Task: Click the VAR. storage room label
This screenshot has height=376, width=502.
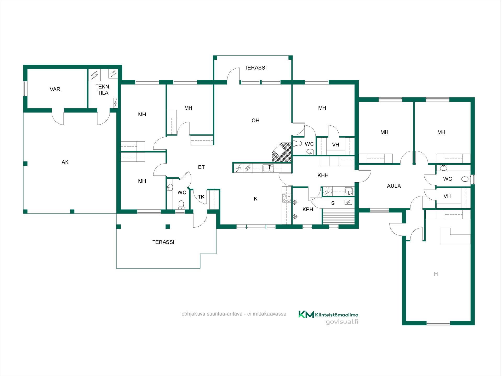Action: [x=55, y=89]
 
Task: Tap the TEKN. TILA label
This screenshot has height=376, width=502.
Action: [x=103, y=90]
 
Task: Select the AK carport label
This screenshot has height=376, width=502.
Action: [x=65, y=162]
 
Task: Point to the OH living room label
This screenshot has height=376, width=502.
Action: [x=255, y=120]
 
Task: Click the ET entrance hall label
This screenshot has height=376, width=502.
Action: [x=201, y=167]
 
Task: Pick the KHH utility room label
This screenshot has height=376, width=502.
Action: [x=323, y=176]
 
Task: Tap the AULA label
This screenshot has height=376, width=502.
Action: [x=394, y=186]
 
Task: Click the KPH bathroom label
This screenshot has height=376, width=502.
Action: [x=308, y=209]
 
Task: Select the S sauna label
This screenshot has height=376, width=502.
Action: [x=333, y=203]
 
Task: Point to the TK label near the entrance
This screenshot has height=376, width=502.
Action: [x=201, y=197]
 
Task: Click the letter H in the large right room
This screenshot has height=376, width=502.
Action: [x=436, y=274]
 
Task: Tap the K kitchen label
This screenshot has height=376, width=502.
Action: [x=255, y=199]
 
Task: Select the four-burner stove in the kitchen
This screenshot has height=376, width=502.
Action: [x=287, y=198]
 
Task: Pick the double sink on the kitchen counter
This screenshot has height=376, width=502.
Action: [x=268, y=168]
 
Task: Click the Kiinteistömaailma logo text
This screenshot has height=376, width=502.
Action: [x=337, y=315]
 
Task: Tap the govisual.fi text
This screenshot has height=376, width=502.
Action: [x=342, y=322]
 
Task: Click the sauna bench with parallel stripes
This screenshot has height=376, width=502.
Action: [x=339, y=216]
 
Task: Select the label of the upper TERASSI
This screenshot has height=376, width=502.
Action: [x=255, y=68]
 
